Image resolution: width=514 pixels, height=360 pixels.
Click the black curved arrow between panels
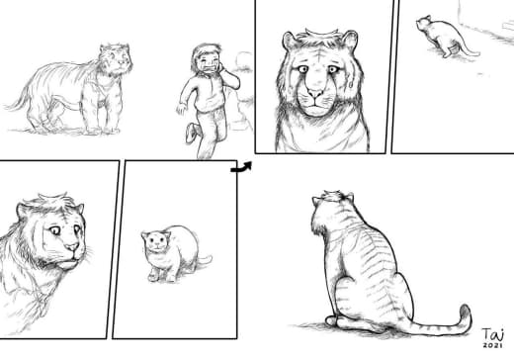tap(241, 168)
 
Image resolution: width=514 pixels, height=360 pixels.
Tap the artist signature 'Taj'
tap(493, 334)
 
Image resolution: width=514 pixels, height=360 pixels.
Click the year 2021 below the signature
tap(493, 345)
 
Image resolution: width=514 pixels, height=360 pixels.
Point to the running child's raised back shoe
tap(192, 133)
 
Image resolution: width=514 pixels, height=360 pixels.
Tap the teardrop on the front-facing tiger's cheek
tap(350, 84)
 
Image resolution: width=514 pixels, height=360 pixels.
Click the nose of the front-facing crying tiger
tap(315, 93)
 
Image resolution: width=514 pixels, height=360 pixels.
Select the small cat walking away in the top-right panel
tap(445, 37)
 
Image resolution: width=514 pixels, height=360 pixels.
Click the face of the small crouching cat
tap(156, 242)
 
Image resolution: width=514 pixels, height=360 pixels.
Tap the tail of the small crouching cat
tap(205, 260)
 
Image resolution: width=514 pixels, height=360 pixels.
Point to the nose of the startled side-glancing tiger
tap(73, 246)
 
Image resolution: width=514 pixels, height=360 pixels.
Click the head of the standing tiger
tap(116, 59)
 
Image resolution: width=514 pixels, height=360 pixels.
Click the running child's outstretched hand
tap(181, 109)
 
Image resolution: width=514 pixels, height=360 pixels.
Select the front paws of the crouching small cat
tap(161, 276)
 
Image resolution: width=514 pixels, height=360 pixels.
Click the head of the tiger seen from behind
tap(332, 210)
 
